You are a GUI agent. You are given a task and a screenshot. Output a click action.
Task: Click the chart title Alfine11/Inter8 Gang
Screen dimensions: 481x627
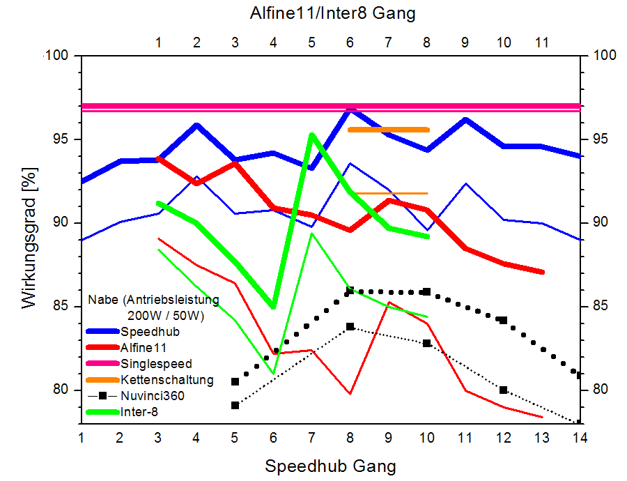click(x=333, y=13)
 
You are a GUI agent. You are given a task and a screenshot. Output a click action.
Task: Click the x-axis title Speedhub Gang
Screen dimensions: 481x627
click(x=331, y=465)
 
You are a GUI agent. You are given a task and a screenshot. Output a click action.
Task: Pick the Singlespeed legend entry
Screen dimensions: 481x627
click(x=156, y=363)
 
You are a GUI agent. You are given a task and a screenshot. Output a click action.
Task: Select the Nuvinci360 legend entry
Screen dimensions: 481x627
click(x=153, y=395)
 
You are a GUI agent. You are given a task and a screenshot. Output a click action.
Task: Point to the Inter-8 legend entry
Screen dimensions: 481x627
click(x=141, y=411)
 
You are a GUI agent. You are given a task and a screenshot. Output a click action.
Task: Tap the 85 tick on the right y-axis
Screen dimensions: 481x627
click(x=598, y=306)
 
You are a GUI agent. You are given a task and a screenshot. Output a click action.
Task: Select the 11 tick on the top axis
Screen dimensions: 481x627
click(x=541, y=43)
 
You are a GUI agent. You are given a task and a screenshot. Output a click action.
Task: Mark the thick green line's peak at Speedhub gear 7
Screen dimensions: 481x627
click(x=311, y=135)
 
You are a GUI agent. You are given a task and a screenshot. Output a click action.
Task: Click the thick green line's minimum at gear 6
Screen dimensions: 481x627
click(x=273, y=307)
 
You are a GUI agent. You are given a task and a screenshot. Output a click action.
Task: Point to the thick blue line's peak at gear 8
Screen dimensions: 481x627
click(x=350, y=109)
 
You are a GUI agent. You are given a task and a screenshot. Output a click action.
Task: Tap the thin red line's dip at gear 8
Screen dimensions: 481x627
click(x=350, y=394)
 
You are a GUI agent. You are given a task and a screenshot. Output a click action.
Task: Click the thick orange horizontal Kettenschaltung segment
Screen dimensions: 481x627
click(x=388, y=130)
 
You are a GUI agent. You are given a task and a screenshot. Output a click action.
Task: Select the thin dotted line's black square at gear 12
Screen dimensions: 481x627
click(x=503, y=390)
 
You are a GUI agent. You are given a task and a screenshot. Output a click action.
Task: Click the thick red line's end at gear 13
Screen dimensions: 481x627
click(x=541, y=272)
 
